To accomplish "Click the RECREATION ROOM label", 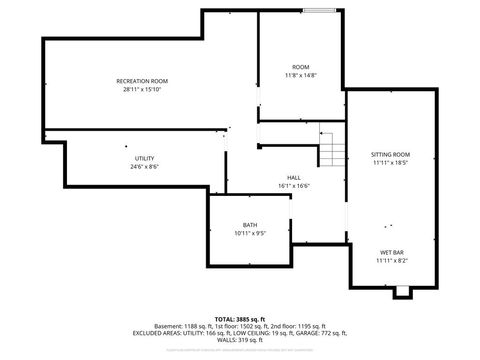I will pyautogui.click(x=141, y=81).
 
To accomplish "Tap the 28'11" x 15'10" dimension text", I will pyautogui.click(x=141, y=89).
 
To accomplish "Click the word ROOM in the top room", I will pyautogui.click(x=300, y=67).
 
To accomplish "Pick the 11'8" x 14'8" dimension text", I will pyautogui.click(x=300, y=75).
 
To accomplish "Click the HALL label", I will pyautogui.click(x=294, y=177).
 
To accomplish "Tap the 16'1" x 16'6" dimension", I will pyautogui.click(x=294, y=185).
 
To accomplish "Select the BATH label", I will pyautogui.click(x=249, y=225).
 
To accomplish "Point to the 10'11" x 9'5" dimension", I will pyautogui.click(x=249, y=233).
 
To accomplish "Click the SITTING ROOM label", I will pyautogui.click(x=391, y=154).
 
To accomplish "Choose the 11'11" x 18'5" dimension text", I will pyautogui.click(x=391, y=162).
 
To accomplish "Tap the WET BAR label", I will pyautogui.click(x=391, y=252).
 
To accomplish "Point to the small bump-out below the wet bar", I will pyautogui.click(x=402, y=291).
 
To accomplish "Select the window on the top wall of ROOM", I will pyautogui.click(x=319, y=11).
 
